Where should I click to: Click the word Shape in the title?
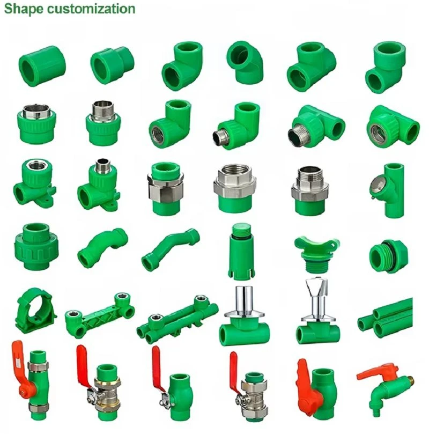click(x=24, y=9)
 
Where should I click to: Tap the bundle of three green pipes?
click(x=386, y=318)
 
